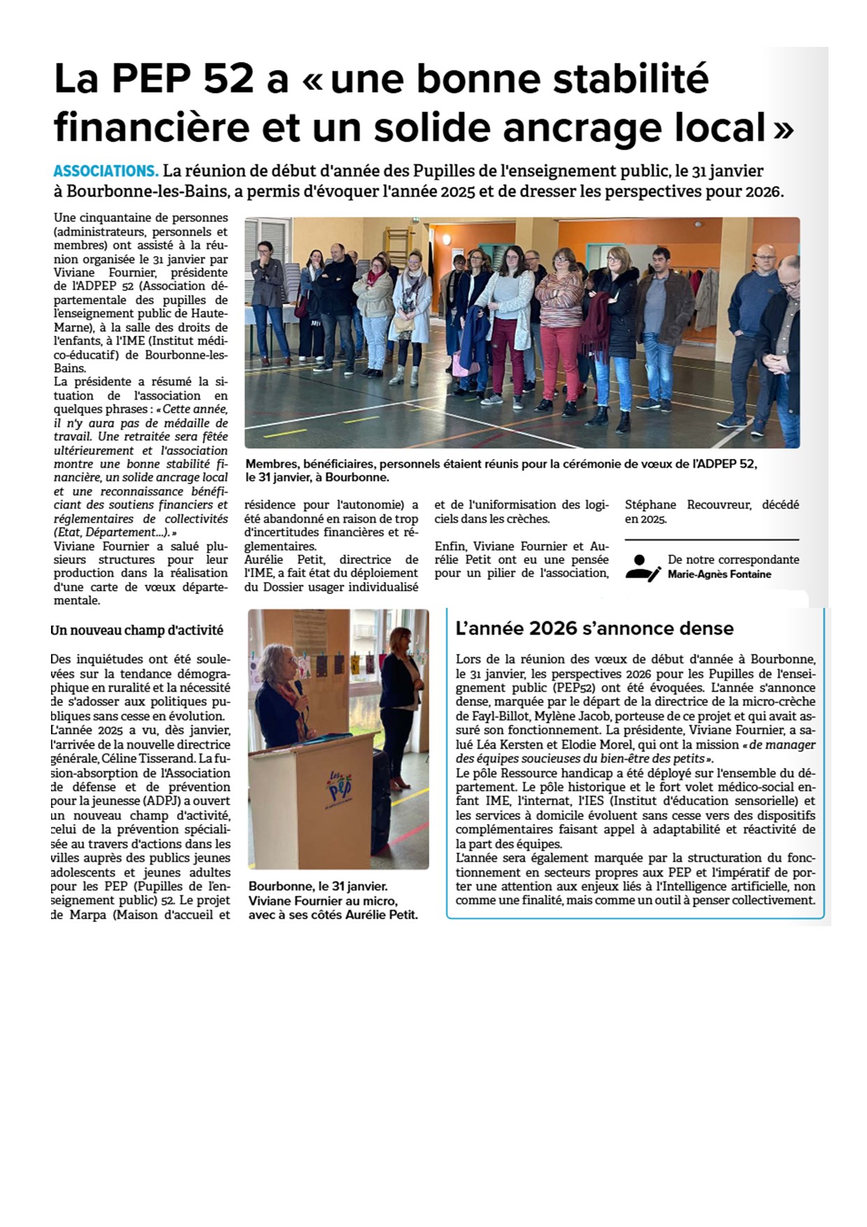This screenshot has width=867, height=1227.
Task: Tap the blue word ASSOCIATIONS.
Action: [x=106, y=171]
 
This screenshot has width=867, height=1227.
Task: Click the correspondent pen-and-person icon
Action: [x=643, y=567]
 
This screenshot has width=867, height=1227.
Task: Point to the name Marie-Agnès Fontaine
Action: [x=719, y=574]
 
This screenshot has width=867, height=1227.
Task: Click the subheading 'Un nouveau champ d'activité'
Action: [x=137, y=630]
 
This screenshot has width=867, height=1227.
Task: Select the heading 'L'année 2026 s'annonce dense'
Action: [x=594, y=628]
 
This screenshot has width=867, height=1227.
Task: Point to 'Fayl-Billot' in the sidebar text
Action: [x=492, y=716]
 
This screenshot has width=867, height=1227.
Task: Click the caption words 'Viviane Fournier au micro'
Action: [x=323, y=901]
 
